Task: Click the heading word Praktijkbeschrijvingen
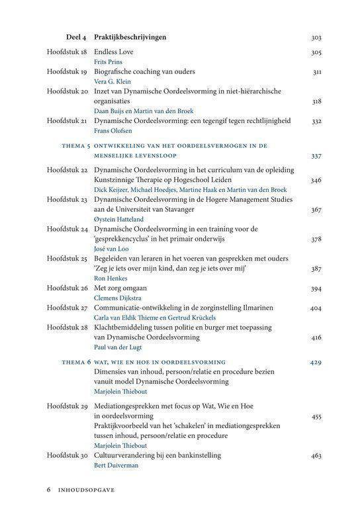tap(130, 38)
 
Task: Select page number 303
tap(316, 38)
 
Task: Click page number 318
tap(316, 101)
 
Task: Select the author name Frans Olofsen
tap(114, 132)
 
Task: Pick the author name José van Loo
tap(114, 248)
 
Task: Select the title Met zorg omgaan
tap(120, 288)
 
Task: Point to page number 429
tap(316, 362)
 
